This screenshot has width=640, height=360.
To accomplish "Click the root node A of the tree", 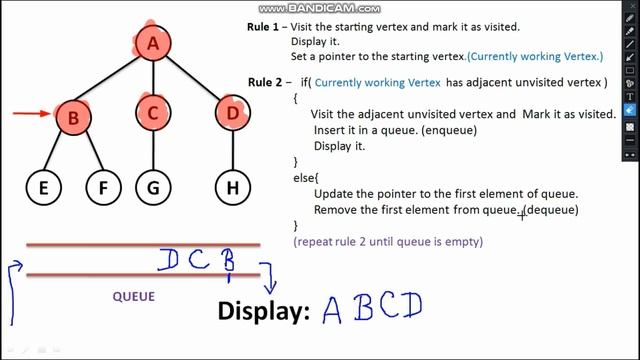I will tap(154, 44).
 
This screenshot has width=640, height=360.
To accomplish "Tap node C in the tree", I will tap(153, 114).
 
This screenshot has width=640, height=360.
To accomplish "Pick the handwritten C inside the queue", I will tap(200, 260).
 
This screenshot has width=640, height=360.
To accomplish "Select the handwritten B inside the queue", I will tap(228, 261).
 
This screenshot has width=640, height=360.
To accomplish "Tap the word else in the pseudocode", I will tap(297, 176).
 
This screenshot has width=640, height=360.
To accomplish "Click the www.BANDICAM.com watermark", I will tap(319, 8).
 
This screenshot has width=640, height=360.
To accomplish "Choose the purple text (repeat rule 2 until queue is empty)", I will tap(388, 242).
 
